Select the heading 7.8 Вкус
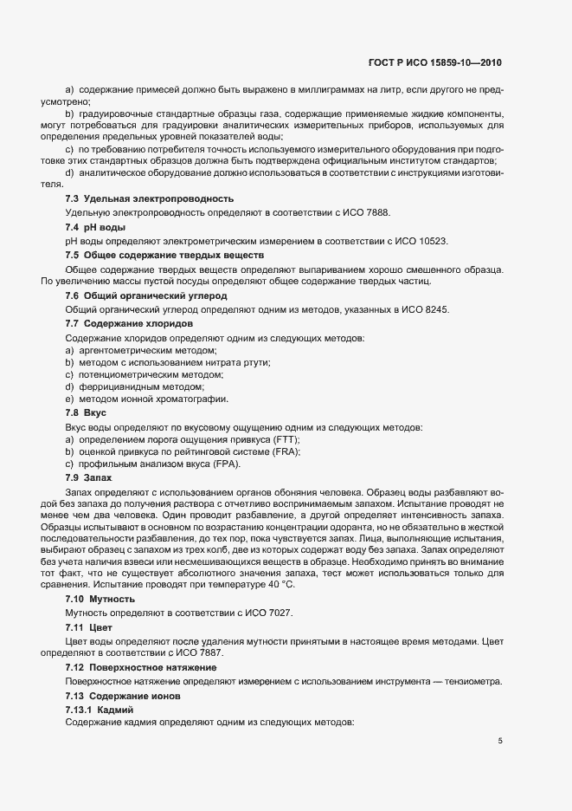click(86, 412)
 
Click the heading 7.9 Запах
click(89, 478)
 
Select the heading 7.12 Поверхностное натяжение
click(141, 668)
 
